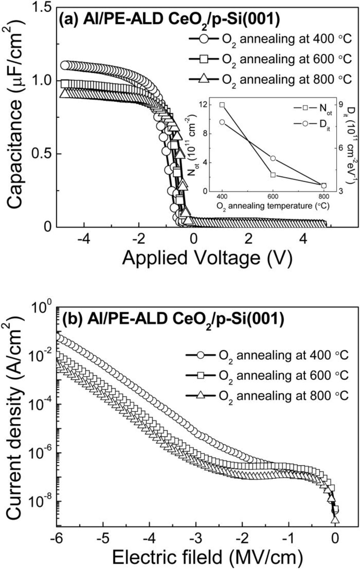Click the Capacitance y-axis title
16,117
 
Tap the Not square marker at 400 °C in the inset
222,105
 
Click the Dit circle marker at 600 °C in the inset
273,158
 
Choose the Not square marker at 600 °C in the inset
273,174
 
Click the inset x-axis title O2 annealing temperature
273,206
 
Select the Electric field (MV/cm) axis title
207,556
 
